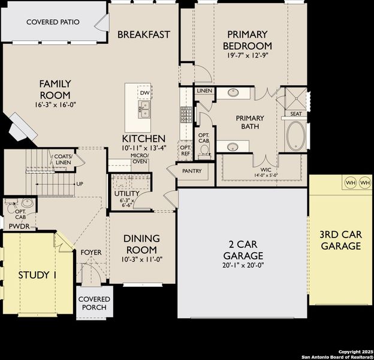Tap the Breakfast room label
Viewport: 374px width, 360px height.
tap(144, 34)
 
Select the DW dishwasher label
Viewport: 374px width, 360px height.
tap(144, 93)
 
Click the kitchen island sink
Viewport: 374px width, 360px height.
tap(144, 109)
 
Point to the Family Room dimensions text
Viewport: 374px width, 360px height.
tap(55, 105)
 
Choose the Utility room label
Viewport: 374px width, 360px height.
tap(126, 194)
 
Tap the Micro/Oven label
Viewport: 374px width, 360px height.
tap(140, 158)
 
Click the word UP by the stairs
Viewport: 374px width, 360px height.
tap(79, 184)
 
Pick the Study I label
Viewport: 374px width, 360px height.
tap(37, 275)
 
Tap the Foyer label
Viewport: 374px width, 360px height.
tap(91, 253)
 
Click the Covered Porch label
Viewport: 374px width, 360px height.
tap(94, 303)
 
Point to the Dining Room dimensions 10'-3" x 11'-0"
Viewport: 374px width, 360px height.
tap(141, 260)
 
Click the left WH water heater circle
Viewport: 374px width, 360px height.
tap(349, 182)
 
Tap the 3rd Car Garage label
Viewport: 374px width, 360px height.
tap(340, 240)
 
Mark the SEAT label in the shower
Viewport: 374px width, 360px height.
tap(296, 113)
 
